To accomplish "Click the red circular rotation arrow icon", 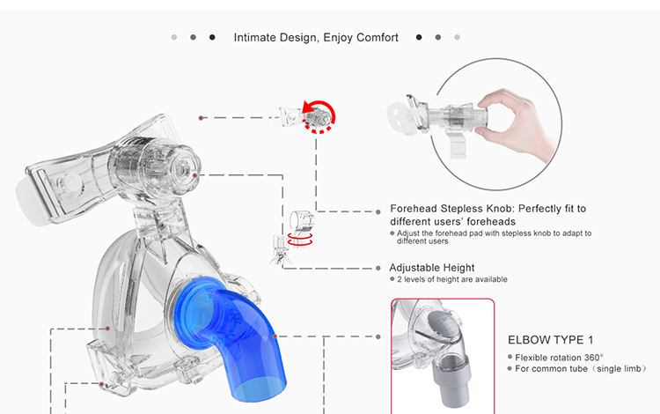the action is point(319,115).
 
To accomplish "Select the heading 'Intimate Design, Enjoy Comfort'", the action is point(316,38).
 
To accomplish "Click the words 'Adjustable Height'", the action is point(431,268).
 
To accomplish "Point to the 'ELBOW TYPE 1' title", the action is point(551,340).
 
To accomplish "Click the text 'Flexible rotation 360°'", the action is point(560,357).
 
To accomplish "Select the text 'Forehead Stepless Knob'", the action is point(451,209).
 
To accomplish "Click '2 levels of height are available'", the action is point(451,280).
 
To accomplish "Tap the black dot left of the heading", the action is point(212,38).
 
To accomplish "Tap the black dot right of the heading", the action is point(419,38).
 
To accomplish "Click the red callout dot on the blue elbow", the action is point(275,336).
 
